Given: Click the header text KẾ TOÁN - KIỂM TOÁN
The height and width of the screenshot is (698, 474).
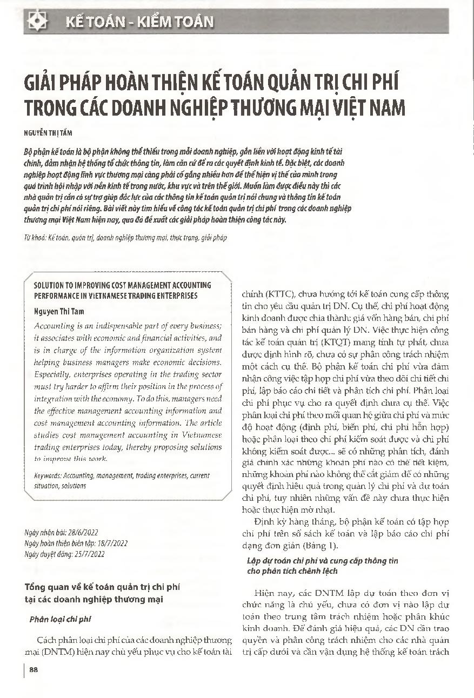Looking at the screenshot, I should coord(139,22).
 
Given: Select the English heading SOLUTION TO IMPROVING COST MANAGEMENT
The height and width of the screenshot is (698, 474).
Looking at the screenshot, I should coord(122,285).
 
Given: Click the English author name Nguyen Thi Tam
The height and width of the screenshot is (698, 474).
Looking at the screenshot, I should coord(59,311).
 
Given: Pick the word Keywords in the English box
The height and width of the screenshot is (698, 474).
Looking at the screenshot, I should coord(47,475).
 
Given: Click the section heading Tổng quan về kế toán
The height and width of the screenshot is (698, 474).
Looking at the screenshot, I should coord(103,586).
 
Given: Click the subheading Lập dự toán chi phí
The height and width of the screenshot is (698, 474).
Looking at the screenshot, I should coord(322,561).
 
